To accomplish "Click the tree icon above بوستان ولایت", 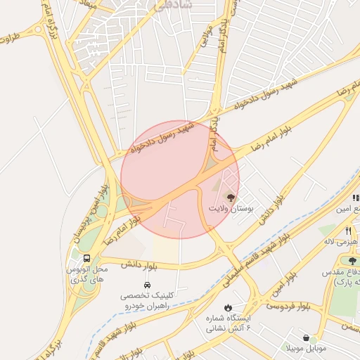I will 230,198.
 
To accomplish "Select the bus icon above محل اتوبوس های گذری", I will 86,258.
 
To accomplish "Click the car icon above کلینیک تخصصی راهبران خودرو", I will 146,285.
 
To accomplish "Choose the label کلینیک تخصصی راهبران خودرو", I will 146,302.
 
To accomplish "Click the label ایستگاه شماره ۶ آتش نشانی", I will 229,323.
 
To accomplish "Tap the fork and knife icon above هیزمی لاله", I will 348,231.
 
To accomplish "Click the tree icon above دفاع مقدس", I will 352,261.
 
